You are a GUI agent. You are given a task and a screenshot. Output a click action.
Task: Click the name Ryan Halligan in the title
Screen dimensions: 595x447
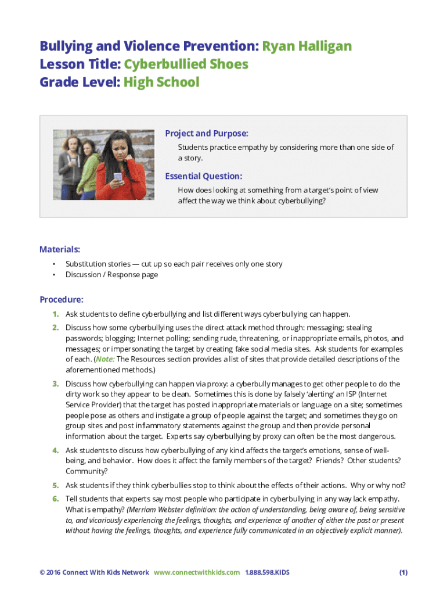tap(307, 46)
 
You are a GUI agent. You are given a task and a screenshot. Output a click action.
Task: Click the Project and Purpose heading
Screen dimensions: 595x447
tap(207, 134)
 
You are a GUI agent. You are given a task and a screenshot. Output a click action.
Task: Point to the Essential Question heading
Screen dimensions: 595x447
tap(203, 176)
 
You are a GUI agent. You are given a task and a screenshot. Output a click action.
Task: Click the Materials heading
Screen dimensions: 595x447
tap(60, 249)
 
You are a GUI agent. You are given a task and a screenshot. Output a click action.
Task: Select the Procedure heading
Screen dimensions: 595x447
tap(62, 300)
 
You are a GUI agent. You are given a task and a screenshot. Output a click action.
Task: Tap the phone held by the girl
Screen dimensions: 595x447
tap(118, 177)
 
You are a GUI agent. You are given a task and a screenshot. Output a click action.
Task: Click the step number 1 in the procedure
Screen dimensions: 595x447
tap(56, 314)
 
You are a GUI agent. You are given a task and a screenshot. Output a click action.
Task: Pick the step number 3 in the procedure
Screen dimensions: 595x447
tap(56, 384)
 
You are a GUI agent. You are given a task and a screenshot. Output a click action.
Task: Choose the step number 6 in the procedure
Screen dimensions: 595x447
tap(56, 499)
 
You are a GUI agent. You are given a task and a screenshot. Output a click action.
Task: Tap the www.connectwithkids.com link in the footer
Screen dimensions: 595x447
tap(197, 572)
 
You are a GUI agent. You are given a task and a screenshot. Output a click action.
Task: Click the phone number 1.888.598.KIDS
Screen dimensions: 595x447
tap(267, 572)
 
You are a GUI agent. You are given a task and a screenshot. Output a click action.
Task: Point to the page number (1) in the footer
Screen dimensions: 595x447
tap(403, 572)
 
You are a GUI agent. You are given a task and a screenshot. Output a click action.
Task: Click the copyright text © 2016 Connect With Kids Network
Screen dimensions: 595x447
tap(94, 572)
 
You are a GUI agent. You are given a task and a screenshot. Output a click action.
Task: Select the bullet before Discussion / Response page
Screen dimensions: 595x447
tap(54, 275)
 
